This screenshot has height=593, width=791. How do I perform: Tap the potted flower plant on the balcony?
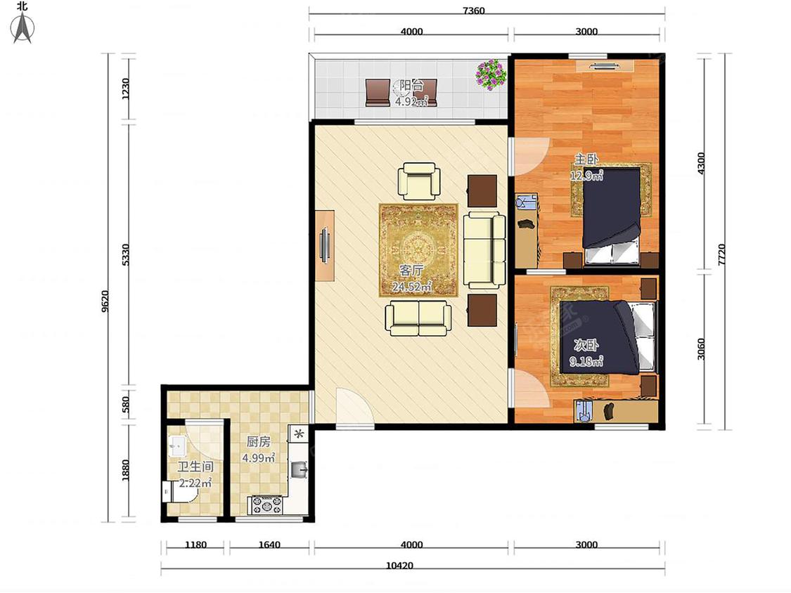[x=490, y=74]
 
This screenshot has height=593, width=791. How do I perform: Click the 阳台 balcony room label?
[x=411, y=85]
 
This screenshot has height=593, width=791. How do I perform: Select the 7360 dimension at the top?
[x=473, y=11]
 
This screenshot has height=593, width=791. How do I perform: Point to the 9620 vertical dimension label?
[x=105, y=301]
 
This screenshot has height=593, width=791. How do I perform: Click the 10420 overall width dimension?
[x=399, y=566]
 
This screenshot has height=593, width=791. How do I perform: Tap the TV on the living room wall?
[x=325, y=245]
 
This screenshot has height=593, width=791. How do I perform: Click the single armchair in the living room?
[x=419, y=181]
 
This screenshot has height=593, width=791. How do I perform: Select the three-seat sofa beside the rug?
[x=484, y=250]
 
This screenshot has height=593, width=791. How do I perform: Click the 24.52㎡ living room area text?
[x=411, y=287]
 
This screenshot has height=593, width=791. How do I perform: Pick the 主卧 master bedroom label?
[x=586, y=159]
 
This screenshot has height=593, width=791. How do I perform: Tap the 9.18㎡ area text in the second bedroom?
[x=586, y=362]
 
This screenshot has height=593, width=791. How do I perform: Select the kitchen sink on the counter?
[x=300, y=470]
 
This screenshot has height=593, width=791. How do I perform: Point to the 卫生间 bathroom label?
[x=195, y=467]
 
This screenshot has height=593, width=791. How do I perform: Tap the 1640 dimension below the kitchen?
[x=269, y=545]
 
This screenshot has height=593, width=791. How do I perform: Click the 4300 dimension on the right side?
[x=701, y=163]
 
